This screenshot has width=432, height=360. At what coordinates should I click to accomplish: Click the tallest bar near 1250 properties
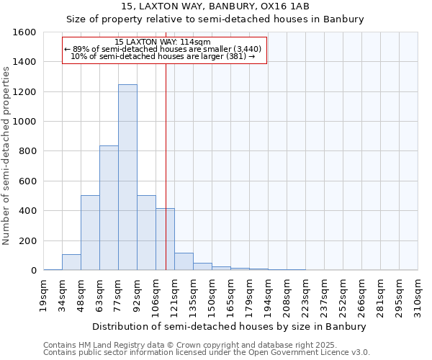coord(127,177)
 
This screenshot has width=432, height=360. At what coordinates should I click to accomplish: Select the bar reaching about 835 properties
coord(109,208)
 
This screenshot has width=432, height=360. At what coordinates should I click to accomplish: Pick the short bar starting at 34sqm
coord(71,263)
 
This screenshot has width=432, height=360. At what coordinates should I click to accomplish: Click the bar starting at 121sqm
coord(184,262)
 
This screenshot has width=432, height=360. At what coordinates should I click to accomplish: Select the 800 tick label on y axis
coord(28,151)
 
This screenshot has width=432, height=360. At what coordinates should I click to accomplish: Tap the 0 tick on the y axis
coord(34,271)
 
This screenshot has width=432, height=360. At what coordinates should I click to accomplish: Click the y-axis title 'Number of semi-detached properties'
coord(7,152)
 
